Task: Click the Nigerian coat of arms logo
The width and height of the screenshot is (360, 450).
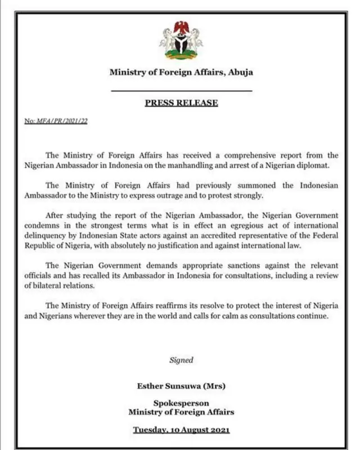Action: coord(181,40)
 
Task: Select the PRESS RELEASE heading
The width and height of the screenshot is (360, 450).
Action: coord(181,103)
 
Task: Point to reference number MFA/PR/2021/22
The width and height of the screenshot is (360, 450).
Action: coord(56,121)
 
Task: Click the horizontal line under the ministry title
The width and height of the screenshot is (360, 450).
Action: coord(181,90)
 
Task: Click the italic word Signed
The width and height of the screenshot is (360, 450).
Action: coord(181,360)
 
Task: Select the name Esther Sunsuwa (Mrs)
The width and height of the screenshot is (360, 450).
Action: coord(181,385)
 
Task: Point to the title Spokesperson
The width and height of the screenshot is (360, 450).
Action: coord(181,403)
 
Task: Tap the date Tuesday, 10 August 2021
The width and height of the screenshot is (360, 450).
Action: coord(181,430)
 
